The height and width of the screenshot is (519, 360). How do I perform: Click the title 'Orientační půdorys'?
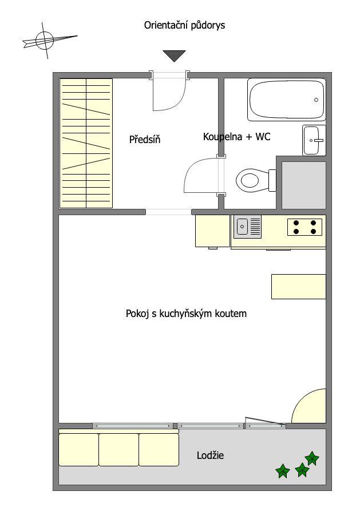coord(184,26)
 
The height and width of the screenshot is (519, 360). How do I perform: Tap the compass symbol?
coord(45,41)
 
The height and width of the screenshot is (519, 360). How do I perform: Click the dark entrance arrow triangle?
coord(174,56)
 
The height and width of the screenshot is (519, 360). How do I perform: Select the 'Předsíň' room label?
coord(145,140)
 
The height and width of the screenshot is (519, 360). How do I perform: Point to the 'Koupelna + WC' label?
coord(237,136)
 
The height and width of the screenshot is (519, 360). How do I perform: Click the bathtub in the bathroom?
coord(287,100)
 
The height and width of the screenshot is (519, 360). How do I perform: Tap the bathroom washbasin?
coord(314,140)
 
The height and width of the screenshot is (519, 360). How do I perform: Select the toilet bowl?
coord(256,180)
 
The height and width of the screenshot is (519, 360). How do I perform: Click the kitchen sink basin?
coord(243,227)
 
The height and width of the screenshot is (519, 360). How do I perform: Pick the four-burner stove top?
coord(304,227)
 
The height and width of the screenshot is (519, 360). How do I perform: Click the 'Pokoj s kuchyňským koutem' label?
coord(186,314)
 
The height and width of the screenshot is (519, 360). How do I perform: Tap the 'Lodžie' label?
coord(210,455)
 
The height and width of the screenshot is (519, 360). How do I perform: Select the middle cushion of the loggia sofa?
coord(118,450)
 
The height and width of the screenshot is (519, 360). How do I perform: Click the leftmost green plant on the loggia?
coord(283,471)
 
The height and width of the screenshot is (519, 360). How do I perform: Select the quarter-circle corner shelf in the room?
coord(309,406)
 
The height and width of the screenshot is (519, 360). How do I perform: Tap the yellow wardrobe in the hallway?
coord(86,143)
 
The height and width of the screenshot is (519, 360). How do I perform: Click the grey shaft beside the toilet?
coord(304,185)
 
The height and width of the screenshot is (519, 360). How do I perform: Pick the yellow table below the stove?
coord(299,287)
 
